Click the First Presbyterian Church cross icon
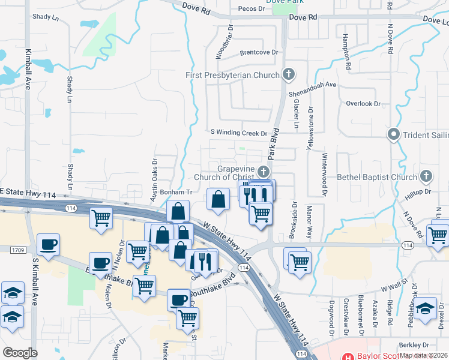click(x=289, y=75)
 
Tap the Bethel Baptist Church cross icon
click(x=426, y=176)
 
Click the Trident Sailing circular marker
click(x=394, y=134)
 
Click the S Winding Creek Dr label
click(x=238, y=133)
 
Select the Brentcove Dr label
click(x=259, y=52)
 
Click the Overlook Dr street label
click(x=364, y=103)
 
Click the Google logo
click(x=20, y=353)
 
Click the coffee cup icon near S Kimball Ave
click(x=48, y=245)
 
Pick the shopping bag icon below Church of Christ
click(x=218, y=199)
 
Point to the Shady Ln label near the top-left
click(x=47, y=17)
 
